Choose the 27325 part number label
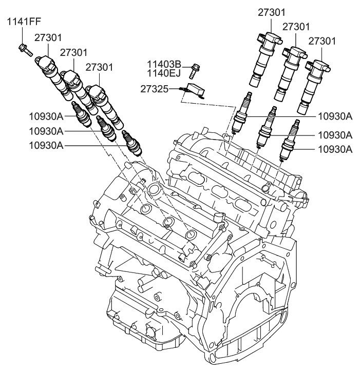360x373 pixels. (x=153, y=88)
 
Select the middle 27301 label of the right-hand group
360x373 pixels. (x=296, y=26)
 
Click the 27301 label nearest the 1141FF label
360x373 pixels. (x=48, y=37)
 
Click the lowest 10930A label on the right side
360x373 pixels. (x=335, y=149)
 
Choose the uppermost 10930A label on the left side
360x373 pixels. (x=46, y=116)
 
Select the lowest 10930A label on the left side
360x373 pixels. (x=46, y=145)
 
